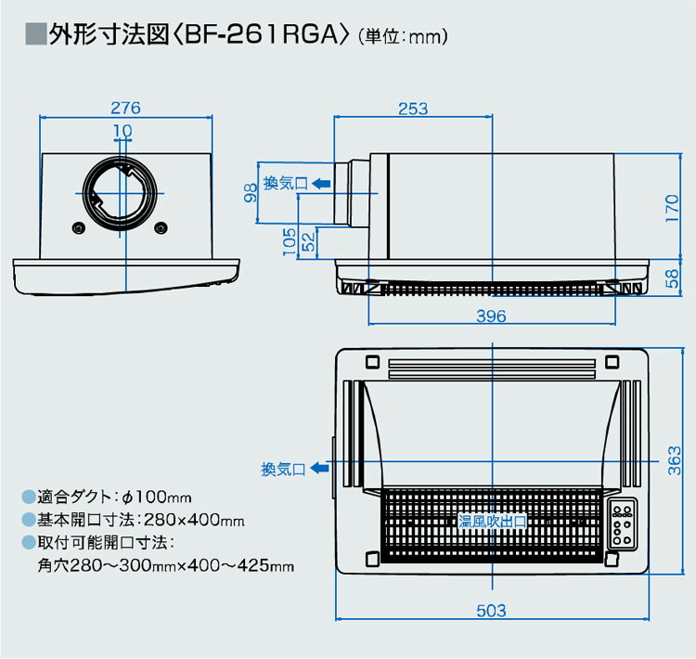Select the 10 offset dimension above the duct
[122, 129]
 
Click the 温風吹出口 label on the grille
[492, 523]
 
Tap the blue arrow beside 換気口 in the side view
[320, 184]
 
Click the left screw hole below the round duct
[76, 228]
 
